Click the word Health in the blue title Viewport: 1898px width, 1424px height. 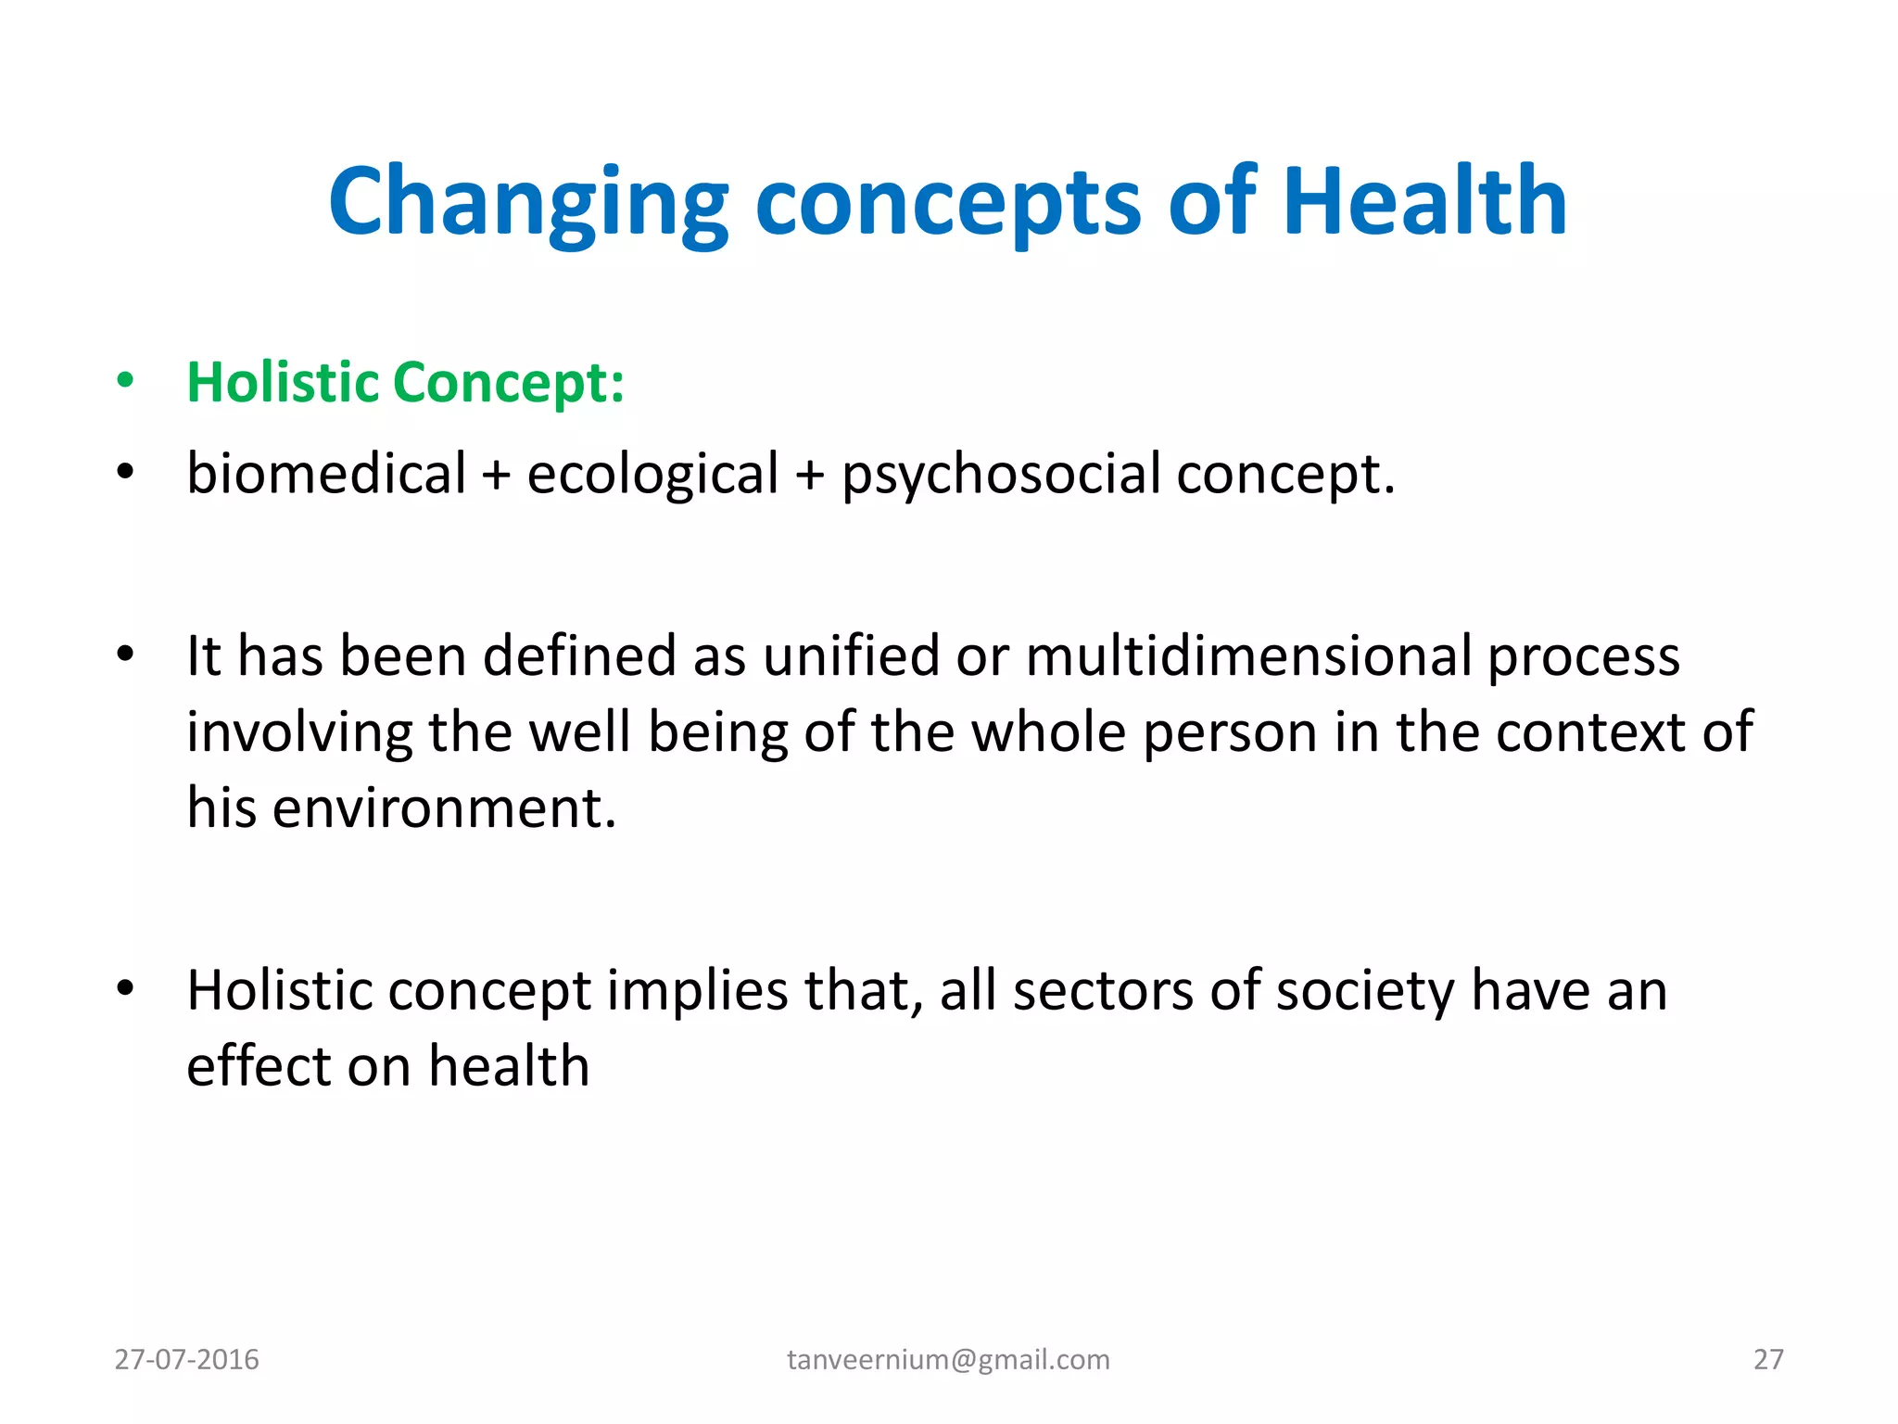[1424, 202]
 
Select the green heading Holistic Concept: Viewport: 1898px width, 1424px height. [405, 382]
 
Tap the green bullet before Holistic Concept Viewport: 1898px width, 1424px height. [125, 381]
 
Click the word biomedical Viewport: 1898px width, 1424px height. [326, 474]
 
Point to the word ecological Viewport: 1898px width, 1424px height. [652, 474]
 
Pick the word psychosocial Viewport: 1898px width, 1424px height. [1000, 474]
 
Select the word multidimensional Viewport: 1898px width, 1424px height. [1248, 656]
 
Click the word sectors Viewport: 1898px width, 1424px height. [1103, 990]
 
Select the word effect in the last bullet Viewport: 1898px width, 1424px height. [258, 1066]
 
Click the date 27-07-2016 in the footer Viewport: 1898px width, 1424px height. [186, 1359]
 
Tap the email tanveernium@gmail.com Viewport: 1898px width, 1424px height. [948, 1359]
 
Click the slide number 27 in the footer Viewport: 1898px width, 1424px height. [1767, 1359]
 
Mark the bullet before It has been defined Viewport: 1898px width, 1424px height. [125, 655]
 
